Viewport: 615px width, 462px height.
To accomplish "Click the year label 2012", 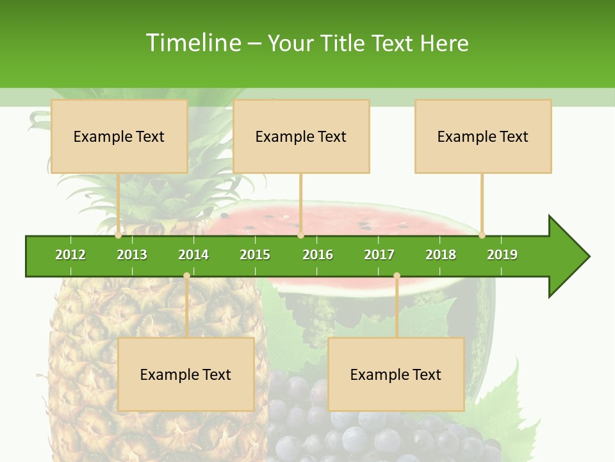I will coord(70,255).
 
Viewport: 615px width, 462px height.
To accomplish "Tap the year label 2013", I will coord(132,255).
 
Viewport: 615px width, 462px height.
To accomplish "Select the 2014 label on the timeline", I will coord(193,255).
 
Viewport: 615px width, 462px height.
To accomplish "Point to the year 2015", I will coord(255,255).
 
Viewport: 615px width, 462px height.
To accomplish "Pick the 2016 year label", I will coord(318,255).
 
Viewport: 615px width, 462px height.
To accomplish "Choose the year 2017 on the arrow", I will coord(379,255).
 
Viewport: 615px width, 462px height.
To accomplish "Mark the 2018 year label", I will coord(441,255).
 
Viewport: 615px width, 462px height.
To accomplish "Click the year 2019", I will coord(502,255).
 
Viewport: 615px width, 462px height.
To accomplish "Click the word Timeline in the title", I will coord(193,43).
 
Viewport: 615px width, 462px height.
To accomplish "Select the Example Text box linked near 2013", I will coord(119,136).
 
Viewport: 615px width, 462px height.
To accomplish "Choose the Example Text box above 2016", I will coord(301,136).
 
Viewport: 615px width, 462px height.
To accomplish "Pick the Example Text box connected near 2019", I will coord(483,136).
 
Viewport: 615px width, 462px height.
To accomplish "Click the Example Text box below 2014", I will coord(186,374).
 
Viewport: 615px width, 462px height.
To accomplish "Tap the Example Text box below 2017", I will coord(396,374).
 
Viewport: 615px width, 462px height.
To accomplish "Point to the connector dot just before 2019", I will coord(482,235).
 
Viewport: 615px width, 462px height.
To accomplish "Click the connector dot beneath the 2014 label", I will coord(186,276).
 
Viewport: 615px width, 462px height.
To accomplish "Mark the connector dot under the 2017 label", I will coord(397,276).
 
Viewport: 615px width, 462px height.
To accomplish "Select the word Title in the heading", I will coord(344,44).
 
